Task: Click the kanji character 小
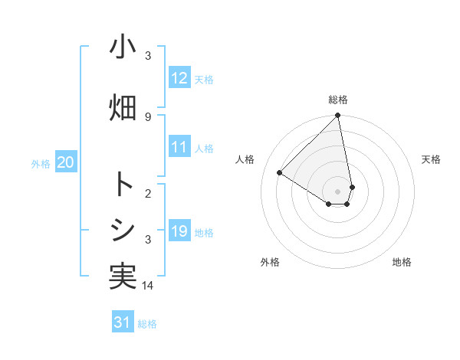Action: (123, 47)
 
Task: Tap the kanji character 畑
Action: (123, 106)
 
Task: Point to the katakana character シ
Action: (123, 231)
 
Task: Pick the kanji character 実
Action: (123, 277)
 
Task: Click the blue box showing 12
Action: (179, 78)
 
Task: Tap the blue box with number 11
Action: (179, 148)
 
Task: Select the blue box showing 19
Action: (179, 231)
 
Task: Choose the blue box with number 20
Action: (66, 162)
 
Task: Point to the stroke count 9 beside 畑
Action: (148, 116)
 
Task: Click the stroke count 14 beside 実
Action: (148, 285)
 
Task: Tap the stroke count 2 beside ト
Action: (148, 193)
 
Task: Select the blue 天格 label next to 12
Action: (204, 79)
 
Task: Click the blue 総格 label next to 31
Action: (147, 324)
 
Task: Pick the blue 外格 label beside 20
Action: (41, 163)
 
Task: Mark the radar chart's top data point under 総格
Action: (338, 116)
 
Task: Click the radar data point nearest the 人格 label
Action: (280, 172)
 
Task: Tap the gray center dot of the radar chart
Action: (338, 190)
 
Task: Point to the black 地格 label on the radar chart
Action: (402, 262)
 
